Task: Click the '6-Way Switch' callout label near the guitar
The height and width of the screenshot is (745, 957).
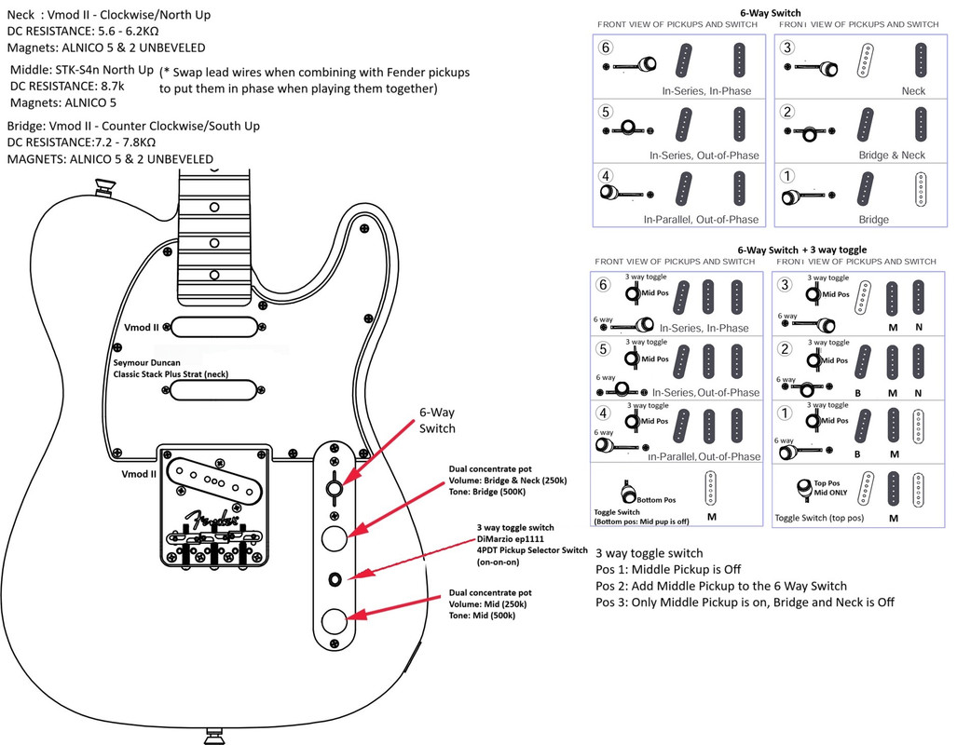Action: [437, 420]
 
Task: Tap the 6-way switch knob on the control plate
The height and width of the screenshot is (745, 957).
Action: [334, 488]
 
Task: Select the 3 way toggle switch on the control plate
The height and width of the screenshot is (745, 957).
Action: [335, 579]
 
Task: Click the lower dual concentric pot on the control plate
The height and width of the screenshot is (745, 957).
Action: [334, 621]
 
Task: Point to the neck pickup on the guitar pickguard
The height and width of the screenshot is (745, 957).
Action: [213, 325]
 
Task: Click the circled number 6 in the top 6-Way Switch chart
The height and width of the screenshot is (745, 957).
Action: [607, 47]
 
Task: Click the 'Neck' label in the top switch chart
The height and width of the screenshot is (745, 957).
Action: [913, 91]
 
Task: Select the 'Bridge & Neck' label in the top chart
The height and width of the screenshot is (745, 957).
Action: [892, 156]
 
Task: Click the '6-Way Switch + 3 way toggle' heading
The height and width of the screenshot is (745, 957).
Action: [801, 250]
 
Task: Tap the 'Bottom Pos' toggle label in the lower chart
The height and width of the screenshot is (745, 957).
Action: [656, 500]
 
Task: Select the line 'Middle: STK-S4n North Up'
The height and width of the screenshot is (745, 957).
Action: [82, 70]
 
